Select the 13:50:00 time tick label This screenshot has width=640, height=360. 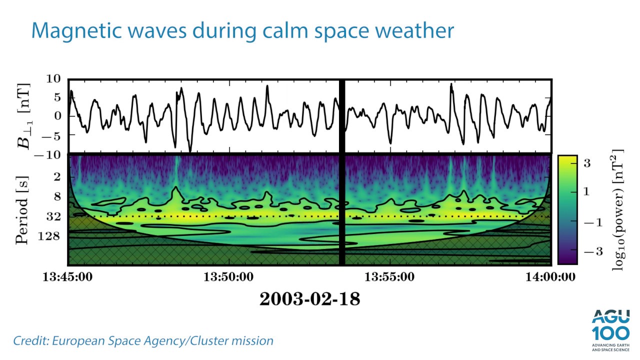pos(229,276)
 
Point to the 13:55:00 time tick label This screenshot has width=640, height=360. pos(390,276)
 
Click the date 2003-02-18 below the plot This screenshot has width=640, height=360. pos(309,299)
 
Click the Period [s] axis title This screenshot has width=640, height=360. pos(23,209)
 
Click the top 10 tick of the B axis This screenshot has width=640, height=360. pos(53,79)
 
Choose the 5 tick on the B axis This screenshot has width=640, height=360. pos(57,97)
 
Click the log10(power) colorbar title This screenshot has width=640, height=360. pos(618,209)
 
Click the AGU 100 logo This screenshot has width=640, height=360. pos(609,328)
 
